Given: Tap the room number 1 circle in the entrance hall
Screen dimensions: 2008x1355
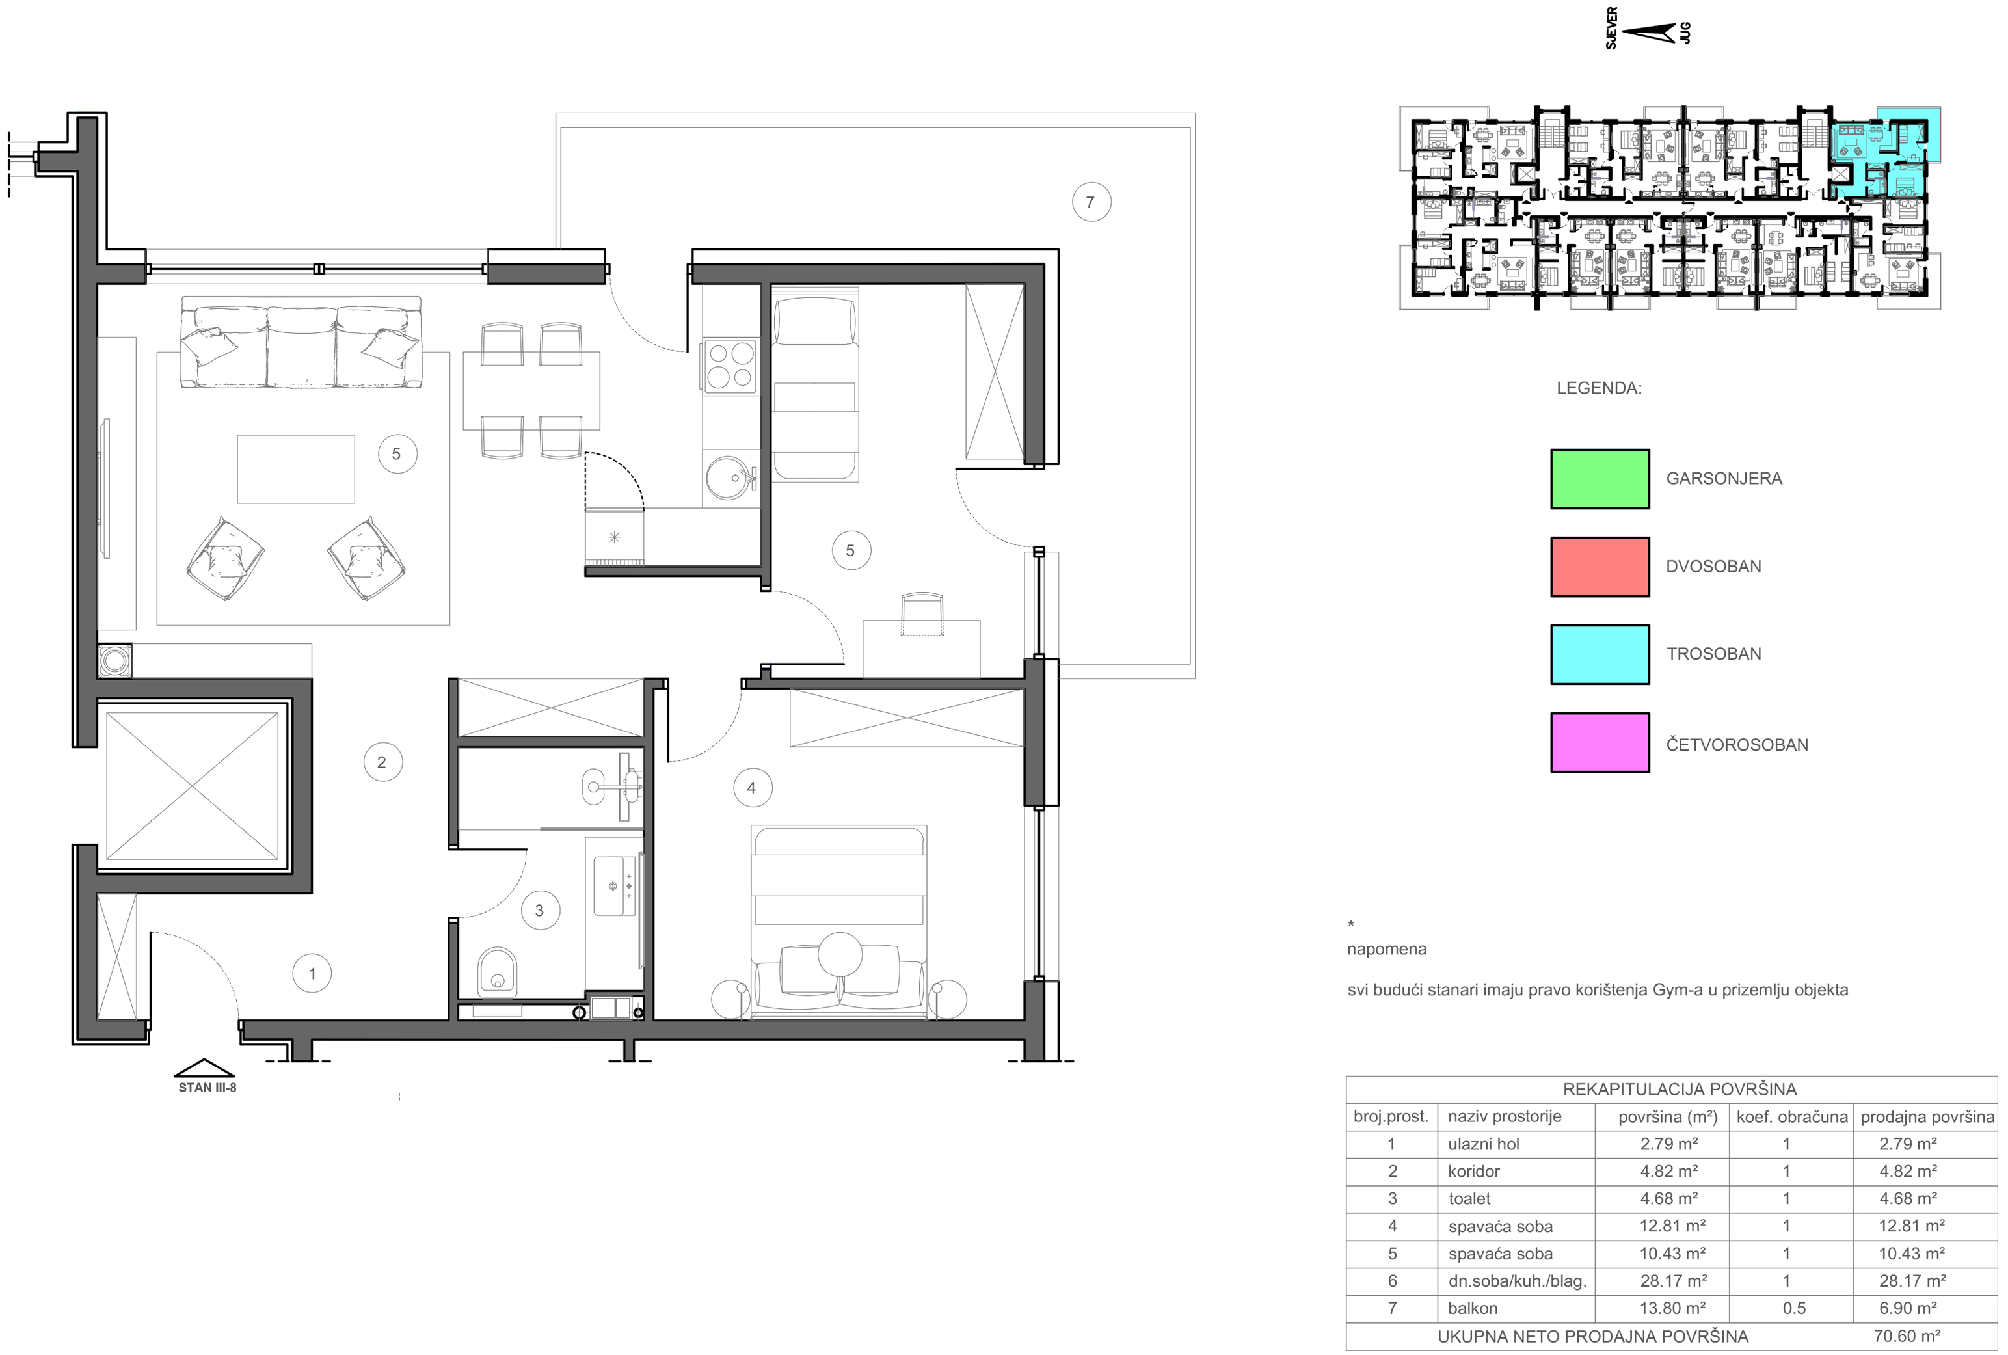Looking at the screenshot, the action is (312, 974).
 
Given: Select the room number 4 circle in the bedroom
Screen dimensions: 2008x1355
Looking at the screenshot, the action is (752, 788).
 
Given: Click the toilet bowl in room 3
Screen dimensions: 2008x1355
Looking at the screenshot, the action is (497, 971).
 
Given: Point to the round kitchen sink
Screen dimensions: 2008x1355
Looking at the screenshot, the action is (732, 477).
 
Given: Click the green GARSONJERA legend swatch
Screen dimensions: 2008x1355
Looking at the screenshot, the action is (1600, 479).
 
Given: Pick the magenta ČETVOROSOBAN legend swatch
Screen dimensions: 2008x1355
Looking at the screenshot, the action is (1600, 742).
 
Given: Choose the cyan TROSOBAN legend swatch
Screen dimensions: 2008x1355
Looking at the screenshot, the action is (1600, 654).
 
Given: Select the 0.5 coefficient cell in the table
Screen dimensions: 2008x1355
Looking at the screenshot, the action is (1794, 1308).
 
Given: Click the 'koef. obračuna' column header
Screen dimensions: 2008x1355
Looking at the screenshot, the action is (1792, 1116).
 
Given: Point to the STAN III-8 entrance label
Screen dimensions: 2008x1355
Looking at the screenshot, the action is (207, 1088).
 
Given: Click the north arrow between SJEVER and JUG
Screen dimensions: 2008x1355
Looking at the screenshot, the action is (1650, 33).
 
